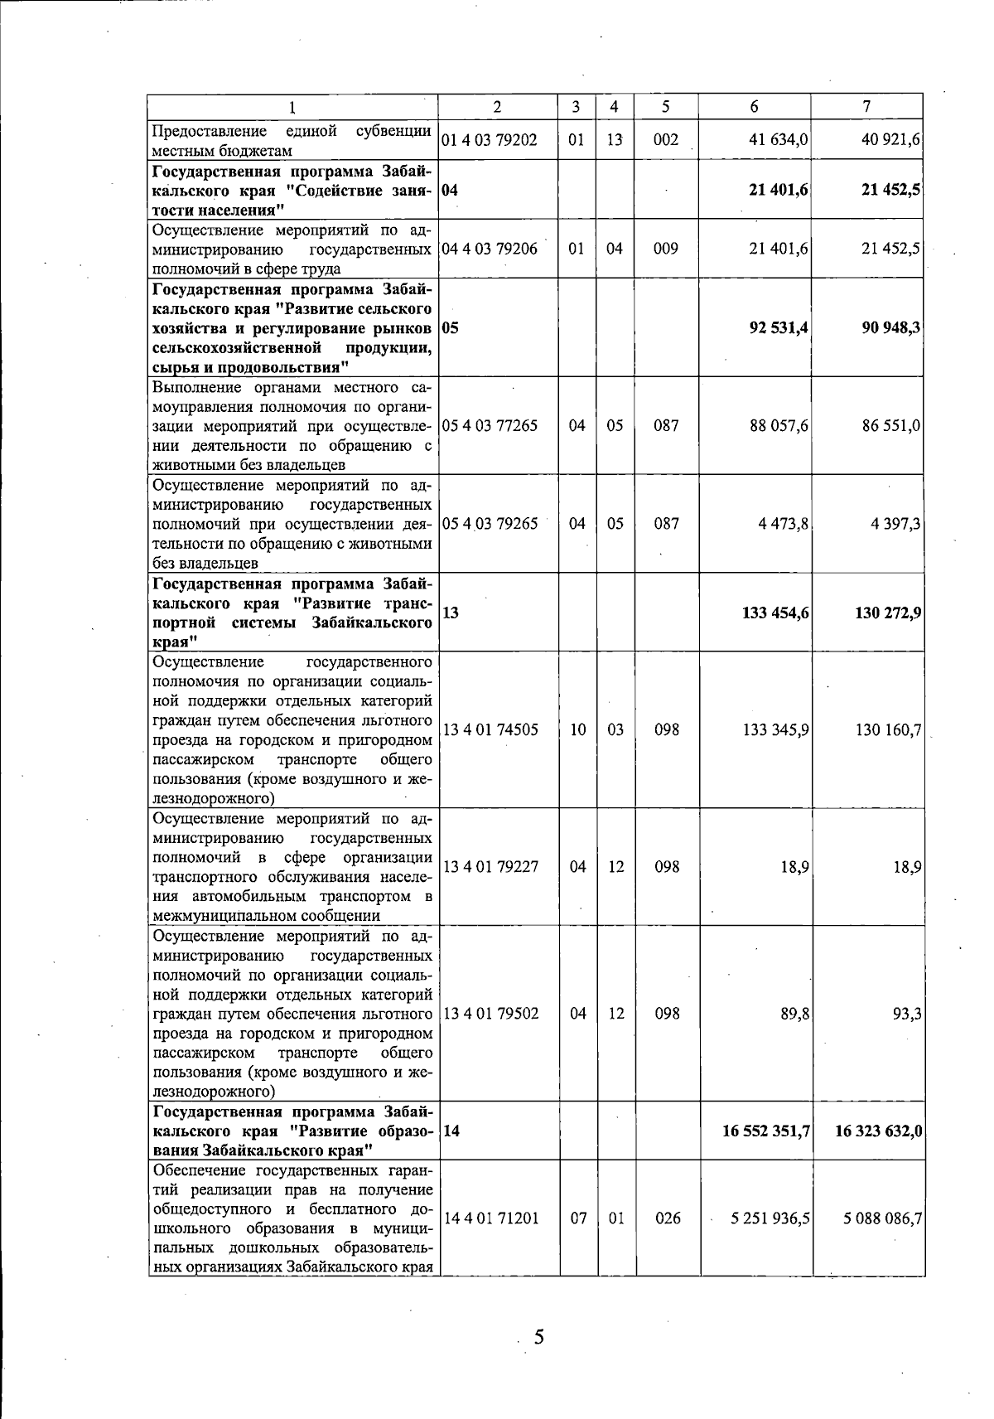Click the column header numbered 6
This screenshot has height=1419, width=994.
pos(754,107)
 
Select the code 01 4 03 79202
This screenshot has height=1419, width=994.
pos(490,140)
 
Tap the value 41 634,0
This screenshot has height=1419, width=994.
pos(778,140)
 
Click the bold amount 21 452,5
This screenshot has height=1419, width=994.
pos(891,190)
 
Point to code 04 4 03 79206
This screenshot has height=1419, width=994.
pos(490,249)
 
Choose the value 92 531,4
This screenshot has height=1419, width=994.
pos(779,327)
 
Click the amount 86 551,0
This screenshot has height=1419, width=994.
pos(891,426)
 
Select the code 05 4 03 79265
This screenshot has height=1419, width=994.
pos(490,524)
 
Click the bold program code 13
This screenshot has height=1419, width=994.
pos(451,613)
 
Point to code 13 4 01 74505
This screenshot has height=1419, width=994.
pos(490,730)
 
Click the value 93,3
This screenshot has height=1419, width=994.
pos(908,1014)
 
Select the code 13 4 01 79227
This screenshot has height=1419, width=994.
pos(490,867)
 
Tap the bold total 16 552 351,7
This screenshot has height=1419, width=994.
pos(766,1131)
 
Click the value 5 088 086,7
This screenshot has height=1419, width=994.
pos(883,1219)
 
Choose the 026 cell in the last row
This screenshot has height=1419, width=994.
pos(666,1219)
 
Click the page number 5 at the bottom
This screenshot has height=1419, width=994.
pos(538,1337)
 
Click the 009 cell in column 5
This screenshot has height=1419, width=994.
pos(666,249)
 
